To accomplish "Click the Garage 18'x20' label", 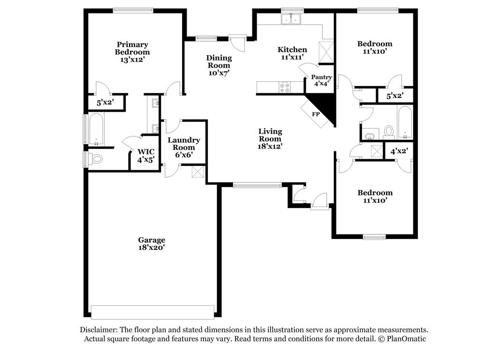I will click(x=152, y=243).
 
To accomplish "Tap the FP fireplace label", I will click(x=316, y=115).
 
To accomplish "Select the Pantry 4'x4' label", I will click(x=321, y=80).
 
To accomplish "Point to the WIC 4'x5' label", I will click(x=146, y=155).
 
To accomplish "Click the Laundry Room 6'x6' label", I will click(x=184, y=147).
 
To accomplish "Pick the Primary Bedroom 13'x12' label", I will click(x=132, y=52).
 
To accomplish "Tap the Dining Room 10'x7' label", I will click(x=218, y=65).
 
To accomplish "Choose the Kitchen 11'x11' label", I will click(x=292, y=53).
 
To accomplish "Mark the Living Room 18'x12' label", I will click(x=270, y=138).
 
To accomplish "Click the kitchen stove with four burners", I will click(x=285, y=87).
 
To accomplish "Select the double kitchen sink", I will click(x=292, y=19).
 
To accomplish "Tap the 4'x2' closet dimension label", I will click(x=399, y=151).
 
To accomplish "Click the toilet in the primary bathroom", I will click(x=96, y=158).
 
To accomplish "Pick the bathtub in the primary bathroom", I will click(x=95, y=128).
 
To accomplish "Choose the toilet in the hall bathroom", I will click(x=389, y=131).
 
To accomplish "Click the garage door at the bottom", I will click(x=153, y=312).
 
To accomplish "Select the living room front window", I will click(x=257, y=185).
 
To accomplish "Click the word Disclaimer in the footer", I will click(x=99, y=329).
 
